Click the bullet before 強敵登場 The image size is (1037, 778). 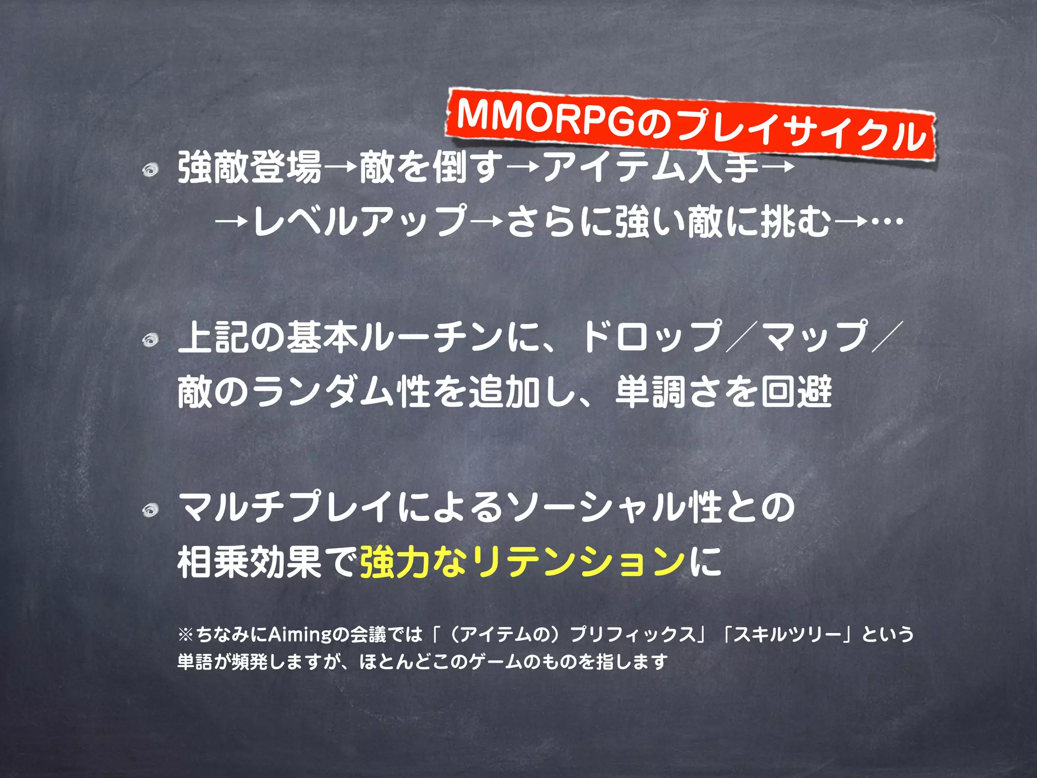(x=150, y=170)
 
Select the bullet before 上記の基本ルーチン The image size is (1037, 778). (x=150, y=340)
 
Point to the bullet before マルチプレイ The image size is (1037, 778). (x=150, y=510)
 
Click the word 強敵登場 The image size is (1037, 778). (x=250, y=168)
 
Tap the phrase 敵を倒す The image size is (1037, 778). (x=431, y=168)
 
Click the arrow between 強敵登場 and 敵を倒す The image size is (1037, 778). (x=341, y=168)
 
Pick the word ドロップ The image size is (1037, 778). (x=651, y=336)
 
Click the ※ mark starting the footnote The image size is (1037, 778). (x=185, y=635)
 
